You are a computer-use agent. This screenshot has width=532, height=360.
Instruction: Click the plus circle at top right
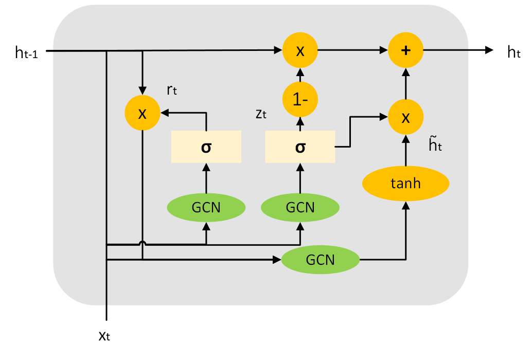pos(405,50)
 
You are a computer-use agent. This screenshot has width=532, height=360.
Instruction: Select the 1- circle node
pos(300,99)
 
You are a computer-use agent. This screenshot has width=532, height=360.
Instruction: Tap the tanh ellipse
pos(405,184)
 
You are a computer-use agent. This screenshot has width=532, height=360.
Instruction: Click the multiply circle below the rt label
pos(143,113)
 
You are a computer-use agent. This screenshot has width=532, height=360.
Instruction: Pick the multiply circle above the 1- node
pos(300,50)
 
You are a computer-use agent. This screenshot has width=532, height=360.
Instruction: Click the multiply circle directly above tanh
pos(405,117)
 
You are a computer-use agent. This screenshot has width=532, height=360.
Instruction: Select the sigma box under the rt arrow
pos(206,147)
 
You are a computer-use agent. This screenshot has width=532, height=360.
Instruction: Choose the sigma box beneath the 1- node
pos(300,147)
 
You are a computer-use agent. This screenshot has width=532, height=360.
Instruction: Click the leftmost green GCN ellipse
pos(206,208)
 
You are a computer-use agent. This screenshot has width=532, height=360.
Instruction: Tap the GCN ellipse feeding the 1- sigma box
pos(300,208)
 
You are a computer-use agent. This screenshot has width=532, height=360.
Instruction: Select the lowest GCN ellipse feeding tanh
pos(320,260)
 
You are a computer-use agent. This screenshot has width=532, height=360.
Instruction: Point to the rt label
pos(172,90)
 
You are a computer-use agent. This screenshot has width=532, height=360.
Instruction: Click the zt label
pos(261,114)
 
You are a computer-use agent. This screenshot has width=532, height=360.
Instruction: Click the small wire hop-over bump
pos(143,243)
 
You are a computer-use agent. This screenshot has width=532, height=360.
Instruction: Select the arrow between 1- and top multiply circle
pos(300,75)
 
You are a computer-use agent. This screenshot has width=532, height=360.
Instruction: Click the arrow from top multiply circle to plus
pos(352,50)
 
